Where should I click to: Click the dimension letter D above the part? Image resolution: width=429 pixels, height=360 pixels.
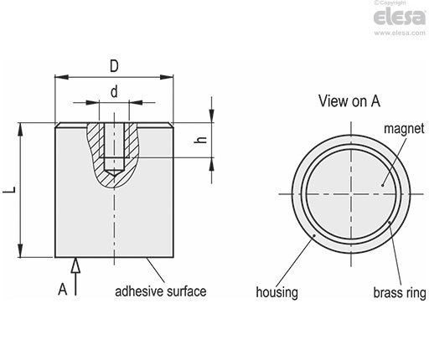(114, 66)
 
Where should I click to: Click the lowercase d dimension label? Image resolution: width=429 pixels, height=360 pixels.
(114, 91)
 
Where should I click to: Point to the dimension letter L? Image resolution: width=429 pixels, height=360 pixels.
(9, 190)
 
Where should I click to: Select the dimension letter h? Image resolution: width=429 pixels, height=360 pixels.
(200, 140)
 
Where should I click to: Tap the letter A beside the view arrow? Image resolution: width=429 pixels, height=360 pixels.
(63, 289)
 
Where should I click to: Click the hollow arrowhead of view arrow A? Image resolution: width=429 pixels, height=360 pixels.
(75, 265)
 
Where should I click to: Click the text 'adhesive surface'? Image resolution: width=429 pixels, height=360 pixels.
(161, 291)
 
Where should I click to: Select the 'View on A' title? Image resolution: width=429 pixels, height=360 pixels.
(349, 101)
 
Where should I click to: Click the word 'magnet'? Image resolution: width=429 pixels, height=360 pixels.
(404, 129)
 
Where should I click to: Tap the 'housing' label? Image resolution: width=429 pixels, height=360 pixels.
(277, 293)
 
